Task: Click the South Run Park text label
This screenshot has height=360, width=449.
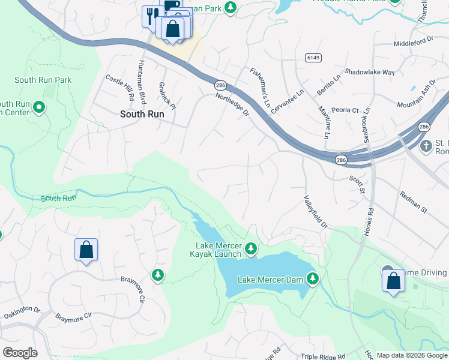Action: click(43, 80)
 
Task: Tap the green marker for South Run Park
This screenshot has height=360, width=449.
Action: click(39, 108)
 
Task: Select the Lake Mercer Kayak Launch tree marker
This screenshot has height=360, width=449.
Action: click(251, 248)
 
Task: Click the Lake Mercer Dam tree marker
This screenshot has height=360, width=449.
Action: click(312, 278)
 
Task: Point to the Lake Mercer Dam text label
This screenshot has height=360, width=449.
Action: click(270, 280)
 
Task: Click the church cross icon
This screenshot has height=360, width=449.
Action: click(426, 146)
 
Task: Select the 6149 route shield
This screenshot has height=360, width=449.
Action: click(312, 58)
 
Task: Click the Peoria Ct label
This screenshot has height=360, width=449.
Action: click(346, 110)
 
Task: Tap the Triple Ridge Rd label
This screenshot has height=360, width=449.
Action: click(323, 356)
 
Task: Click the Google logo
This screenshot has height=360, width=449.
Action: click(20, 353)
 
